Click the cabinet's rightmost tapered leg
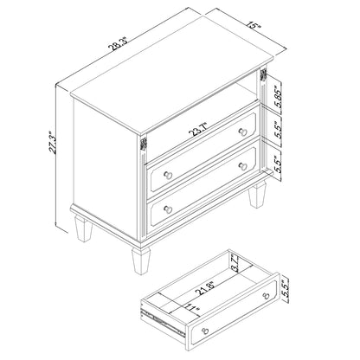pos(256,196)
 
